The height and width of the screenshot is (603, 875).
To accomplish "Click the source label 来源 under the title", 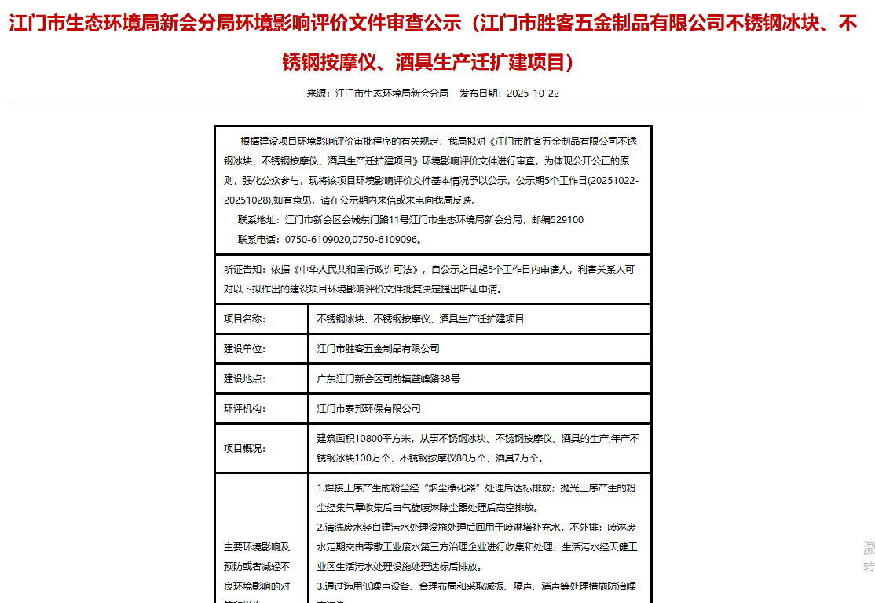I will [316, 93].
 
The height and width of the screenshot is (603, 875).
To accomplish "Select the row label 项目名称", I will [245, 319].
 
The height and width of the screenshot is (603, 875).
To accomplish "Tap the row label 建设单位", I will [245, 349].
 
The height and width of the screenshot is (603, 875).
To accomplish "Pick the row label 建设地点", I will [245, 379].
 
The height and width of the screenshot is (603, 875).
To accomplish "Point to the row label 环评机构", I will [245, 409].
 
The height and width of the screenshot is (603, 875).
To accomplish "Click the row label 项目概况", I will [245, 449].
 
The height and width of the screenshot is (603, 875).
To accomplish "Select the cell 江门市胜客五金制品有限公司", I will [378, 349].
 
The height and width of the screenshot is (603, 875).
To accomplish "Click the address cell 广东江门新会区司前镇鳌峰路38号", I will [388, 379].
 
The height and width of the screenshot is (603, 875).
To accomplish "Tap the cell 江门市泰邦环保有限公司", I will [368, 409].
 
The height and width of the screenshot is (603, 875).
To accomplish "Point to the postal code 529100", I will [568, 220].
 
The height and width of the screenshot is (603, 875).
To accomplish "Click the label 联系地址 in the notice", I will [257, 220].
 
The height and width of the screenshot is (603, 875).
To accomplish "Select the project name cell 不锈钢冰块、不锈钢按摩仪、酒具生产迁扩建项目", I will [420, 319].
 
